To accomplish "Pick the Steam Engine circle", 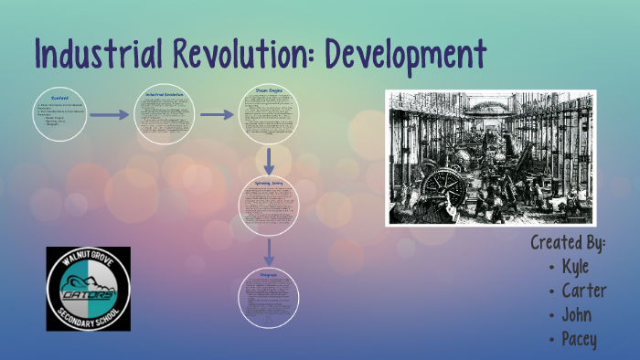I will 270,115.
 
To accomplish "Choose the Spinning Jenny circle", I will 270,206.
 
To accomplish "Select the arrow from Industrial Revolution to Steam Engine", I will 218,115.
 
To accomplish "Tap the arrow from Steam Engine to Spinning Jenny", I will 270,162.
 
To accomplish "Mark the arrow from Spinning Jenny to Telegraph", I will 270,252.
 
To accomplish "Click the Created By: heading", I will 569,243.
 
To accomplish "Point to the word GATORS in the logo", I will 88,294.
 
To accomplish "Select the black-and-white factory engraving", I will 490,157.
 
